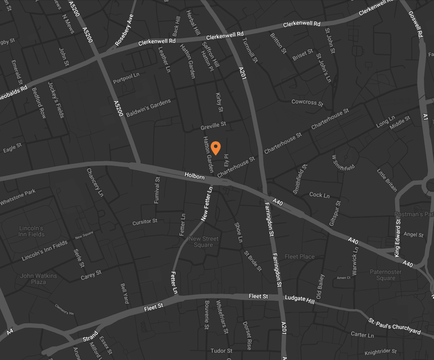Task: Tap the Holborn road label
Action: click(194, 176)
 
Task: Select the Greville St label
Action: click(213, 126)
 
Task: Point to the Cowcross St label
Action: click(307, 102)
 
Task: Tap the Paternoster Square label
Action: click(386, 275)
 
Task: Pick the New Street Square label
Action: click(203, 242)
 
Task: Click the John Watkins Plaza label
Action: click(38, 279)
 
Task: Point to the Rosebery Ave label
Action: click(124, 30)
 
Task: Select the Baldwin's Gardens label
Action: click(148, 108)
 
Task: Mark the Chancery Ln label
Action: click(95, 182)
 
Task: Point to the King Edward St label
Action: click(398, 239)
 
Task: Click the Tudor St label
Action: click(221, 351)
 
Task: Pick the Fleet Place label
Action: click(300, 256)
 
